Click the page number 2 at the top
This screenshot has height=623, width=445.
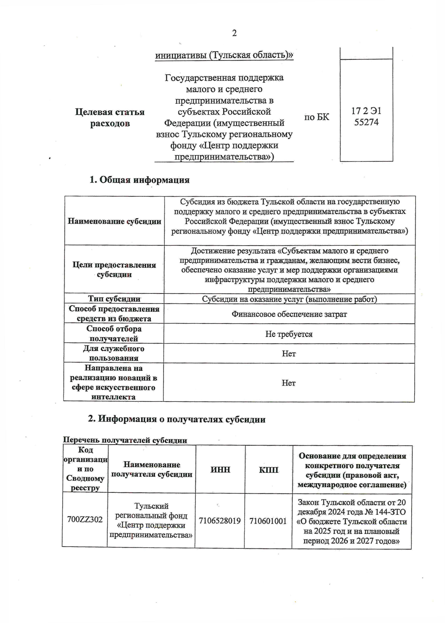(234, 33)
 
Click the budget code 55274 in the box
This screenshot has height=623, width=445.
(366, 122)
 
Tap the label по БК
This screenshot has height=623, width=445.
(316, 117)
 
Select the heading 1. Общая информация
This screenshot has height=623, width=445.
(139, 180)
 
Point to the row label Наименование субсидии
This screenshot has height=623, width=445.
(114, 222)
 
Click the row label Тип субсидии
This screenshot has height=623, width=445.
(114, 299)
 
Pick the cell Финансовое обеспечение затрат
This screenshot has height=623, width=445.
(289, 314)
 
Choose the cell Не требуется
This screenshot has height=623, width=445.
(289, 334)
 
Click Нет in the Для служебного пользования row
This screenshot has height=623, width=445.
(289, 354)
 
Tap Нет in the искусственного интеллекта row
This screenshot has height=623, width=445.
(289, 383)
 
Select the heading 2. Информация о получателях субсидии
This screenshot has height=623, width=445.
(177, 419)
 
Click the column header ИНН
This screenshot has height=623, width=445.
(220, 470)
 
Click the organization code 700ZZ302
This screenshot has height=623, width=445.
(85, 519)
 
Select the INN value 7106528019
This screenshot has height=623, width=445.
(220, 521)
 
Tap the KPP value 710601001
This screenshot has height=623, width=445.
(268, 521)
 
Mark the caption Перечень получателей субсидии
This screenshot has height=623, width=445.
(125, 440)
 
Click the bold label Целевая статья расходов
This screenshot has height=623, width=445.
(110, 118)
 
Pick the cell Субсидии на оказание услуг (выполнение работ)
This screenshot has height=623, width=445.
(289, 299)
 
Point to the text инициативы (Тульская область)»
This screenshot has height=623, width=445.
(224, 55)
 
